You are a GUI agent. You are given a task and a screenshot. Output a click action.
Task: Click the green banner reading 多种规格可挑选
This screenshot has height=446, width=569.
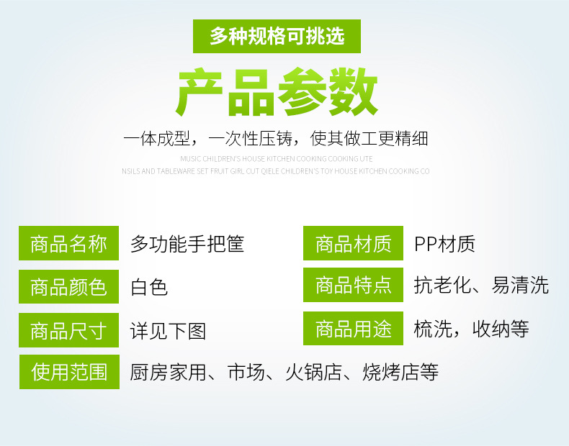277,36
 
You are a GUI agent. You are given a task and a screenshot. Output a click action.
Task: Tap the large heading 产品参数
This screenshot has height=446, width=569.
277,92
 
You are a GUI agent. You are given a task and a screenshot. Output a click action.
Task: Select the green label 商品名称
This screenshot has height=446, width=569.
68,243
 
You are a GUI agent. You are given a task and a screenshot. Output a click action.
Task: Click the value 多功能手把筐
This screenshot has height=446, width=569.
187,243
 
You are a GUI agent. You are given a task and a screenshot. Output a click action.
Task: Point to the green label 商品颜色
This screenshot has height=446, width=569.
68,286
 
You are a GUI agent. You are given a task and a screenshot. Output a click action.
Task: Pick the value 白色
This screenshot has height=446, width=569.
149,287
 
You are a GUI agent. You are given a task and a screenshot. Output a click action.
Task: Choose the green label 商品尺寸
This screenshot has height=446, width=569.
68,330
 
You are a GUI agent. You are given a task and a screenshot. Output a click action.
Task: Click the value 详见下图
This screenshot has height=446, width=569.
168,331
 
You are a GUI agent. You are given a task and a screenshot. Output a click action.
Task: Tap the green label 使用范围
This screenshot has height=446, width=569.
69,372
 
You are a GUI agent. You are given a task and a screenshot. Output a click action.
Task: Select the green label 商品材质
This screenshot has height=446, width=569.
353,243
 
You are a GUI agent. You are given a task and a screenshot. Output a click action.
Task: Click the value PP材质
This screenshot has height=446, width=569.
445,243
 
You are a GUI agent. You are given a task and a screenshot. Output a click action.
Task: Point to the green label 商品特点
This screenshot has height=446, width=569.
353,285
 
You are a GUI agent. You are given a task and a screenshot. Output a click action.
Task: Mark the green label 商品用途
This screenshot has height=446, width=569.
353,328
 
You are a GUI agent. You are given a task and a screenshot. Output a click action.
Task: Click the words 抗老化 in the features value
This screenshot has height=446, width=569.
443,285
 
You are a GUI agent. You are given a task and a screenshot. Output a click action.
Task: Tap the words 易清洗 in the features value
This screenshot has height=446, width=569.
520,285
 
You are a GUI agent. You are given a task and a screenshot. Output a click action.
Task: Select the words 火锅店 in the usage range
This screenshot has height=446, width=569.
314,372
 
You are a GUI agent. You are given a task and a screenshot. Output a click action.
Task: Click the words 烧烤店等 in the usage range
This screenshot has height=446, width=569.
400,372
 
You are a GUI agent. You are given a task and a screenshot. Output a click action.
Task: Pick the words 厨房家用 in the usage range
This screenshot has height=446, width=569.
169,372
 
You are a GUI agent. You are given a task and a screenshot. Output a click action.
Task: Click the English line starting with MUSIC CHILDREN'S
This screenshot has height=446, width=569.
276,159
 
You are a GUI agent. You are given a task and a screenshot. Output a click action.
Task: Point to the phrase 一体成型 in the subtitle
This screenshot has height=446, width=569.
156,138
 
